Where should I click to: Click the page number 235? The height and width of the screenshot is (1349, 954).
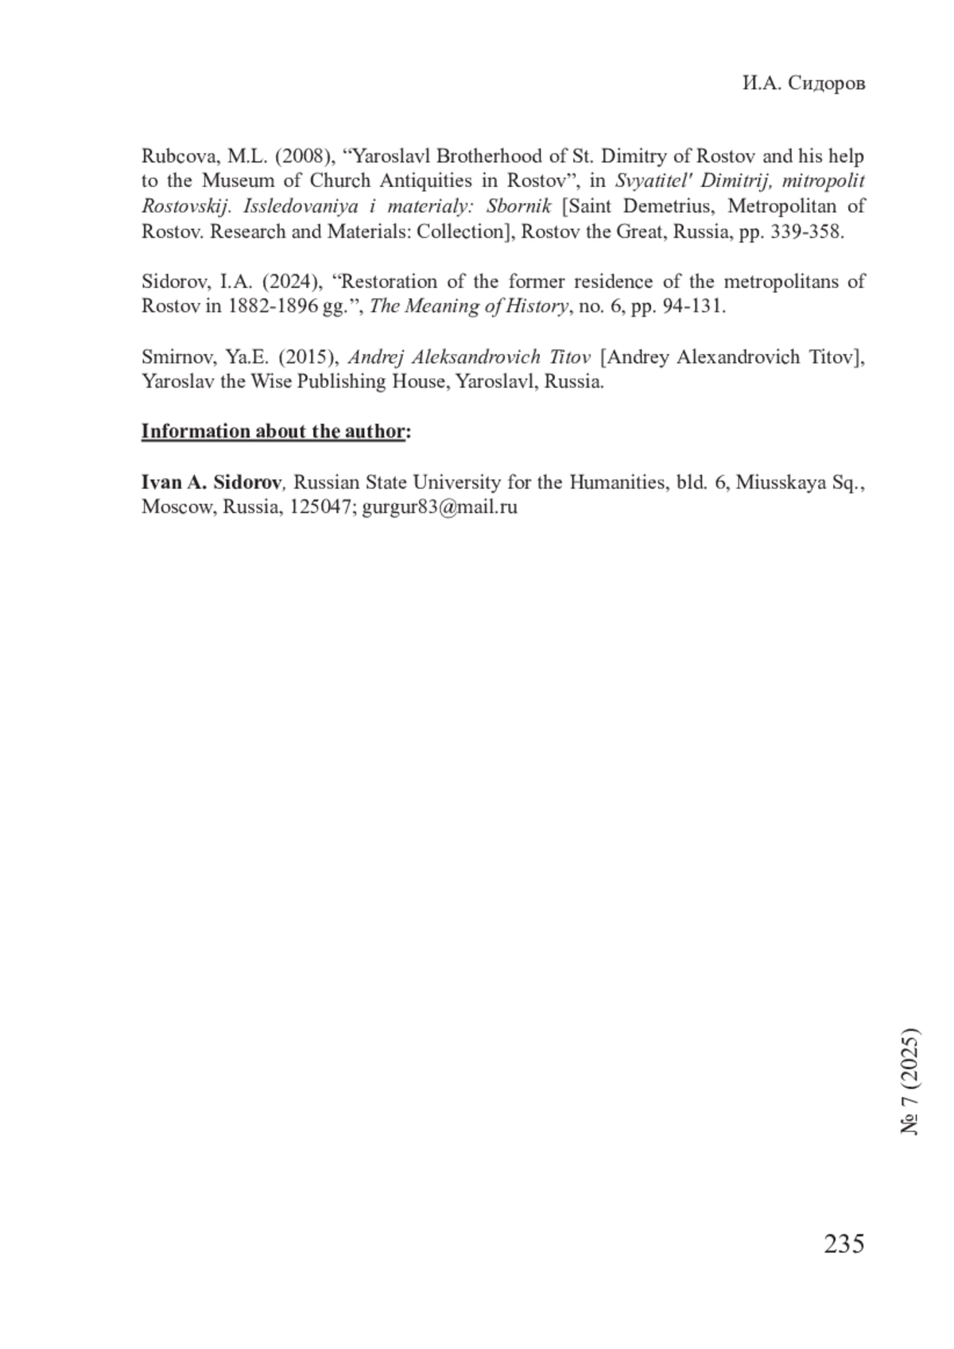click(x=843, y=1243)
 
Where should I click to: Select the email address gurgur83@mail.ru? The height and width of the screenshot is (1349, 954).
click(x=440, y=507)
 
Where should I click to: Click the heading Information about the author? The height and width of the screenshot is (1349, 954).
click(x=273, y=431)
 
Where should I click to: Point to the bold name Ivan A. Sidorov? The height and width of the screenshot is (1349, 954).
click(x=211, y=482)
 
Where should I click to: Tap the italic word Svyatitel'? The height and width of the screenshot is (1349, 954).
click(x=653, y=181)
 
